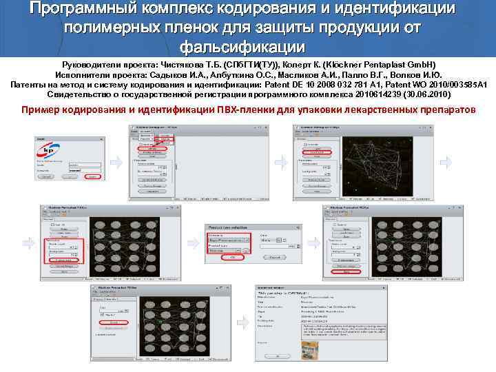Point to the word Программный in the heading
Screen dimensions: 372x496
[82, 10]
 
